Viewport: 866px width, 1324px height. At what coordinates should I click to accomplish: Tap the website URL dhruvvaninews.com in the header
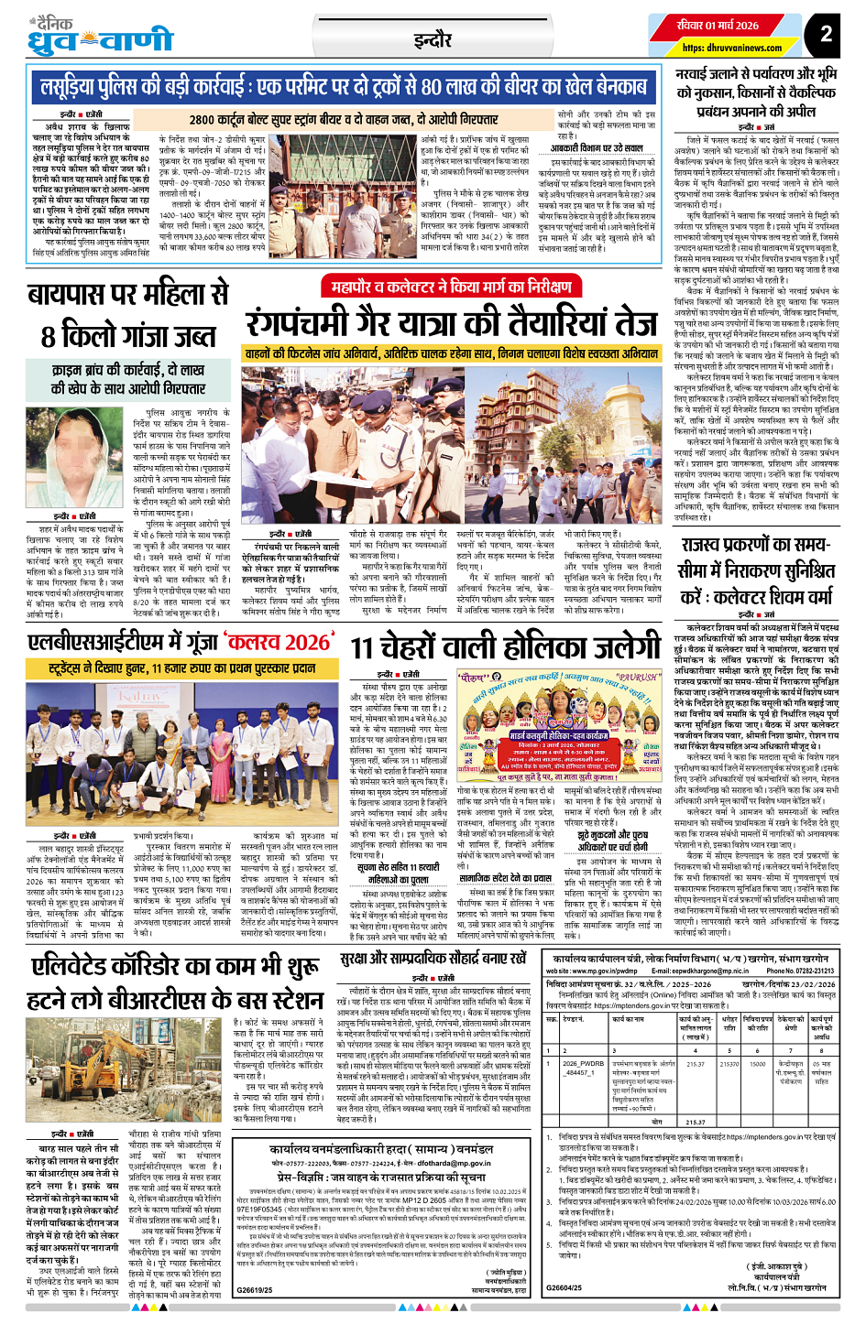[x=719, y=48]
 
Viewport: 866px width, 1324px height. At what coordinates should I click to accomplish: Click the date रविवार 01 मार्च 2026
[x=718, y=26]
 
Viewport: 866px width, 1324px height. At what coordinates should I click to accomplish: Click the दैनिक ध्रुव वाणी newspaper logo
[x=101, y=36]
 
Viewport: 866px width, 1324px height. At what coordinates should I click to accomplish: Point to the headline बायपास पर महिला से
[x=127, y=295]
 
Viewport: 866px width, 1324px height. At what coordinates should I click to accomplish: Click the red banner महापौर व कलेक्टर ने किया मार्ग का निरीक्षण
[x=451, y=288]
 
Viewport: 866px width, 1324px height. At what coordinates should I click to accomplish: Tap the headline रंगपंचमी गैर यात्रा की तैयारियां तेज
[x=451, y=323]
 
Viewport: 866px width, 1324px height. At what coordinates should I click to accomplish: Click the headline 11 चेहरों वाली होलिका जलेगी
[x=505, y=647]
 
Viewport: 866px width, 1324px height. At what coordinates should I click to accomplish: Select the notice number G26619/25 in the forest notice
[x=255, y=1290]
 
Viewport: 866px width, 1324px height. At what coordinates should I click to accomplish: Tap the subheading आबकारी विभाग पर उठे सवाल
[x=597, y=148]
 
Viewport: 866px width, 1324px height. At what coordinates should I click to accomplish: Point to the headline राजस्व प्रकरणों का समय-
[x=756, y=545]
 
